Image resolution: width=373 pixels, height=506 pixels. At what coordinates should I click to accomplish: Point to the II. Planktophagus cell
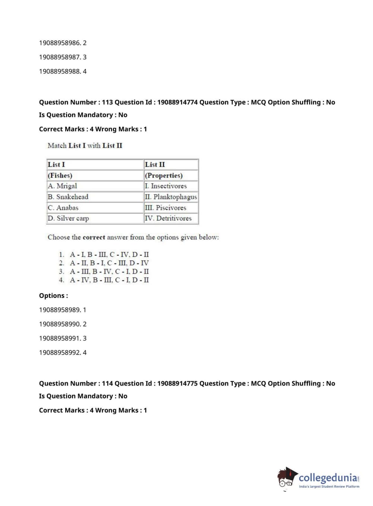pos(171,197)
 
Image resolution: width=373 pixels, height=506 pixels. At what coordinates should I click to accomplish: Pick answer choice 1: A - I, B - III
pos(109,254)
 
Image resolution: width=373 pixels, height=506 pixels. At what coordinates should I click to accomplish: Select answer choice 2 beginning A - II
pos(109,263)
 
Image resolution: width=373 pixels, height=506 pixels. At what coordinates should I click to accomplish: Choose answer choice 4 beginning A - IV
pos(109,280)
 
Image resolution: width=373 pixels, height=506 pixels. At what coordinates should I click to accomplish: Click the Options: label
pos(53,296)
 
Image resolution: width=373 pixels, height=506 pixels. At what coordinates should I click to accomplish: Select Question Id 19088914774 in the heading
pos(177,102)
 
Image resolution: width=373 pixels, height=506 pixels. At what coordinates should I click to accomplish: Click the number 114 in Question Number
pos(107,383)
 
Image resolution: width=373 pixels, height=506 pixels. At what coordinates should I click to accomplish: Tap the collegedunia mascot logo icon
pos(287,478)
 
